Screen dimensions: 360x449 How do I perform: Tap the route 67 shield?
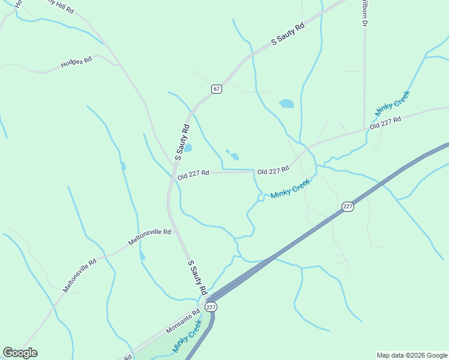tap(217, 89)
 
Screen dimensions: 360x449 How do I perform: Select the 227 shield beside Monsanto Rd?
tap(210, 307)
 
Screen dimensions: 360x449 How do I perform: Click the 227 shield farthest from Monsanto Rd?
tap(348, 206)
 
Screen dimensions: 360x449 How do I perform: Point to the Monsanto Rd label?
tap(182, 322)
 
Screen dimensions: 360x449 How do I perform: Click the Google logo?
tap(20, 353)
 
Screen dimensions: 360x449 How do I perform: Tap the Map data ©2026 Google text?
tap(412, 355)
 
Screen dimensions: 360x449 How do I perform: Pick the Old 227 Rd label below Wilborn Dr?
tap(385, 122)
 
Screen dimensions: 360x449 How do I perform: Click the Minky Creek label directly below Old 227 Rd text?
tap(291, 189)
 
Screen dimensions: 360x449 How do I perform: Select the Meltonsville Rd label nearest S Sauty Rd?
tap(149, 238)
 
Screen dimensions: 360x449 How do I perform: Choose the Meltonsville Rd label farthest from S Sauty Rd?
tap(80, 276)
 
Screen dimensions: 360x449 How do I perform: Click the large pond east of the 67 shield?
tap(286, 103)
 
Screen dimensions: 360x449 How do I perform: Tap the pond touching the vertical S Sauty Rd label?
tap(188, 148)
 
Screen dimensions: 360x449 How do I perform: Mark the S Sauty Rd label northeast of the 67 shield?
tap(288, 34)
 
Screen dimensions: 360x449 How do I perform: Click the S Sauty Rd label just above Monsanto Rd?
tap(197, 277)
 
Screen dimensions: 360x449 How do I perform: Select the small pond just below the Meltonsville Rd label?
tap(142, 256)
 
